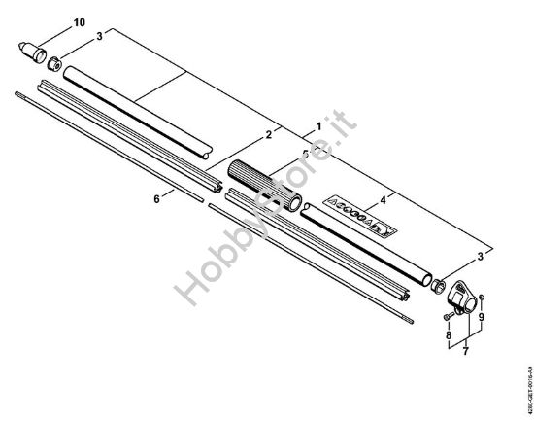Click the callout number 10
click(79, 20)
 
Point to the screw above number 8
click(449, 316)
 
